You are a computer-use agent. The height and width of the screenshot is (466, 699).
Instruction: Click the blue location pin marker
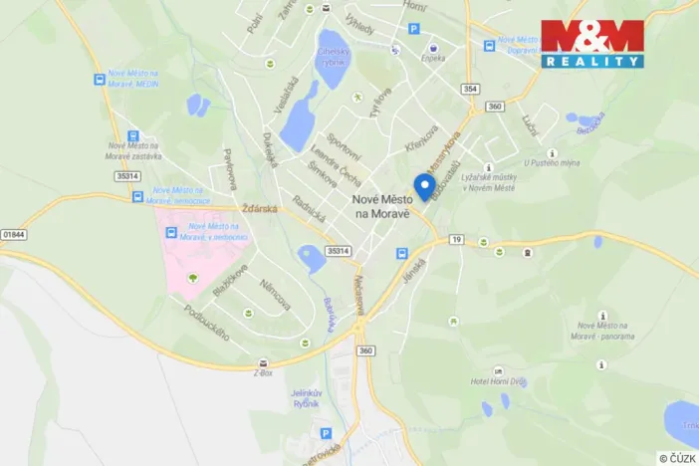pos(424,186)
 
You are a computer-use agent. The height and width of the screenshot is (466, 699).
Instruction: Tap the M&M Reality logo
pos(591,43)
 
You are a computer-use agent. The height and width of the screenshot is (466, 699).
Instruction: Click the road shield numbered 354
pos(469,89)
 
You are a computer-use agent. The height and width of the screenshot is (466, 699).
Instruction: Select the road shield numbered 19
pos(455,240)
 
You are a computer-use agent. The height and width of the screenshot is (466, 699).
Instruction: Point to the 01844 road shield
pos(13,234)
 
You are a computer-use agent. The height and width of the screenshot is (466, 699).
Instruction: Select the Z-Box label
pos(262,374)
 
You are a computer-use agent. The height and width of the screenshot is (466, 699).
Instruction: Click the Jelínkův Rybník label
pos(306,398)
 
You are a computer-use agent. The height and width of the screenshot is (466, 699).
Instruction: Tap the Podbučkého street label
pos(207,323)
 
